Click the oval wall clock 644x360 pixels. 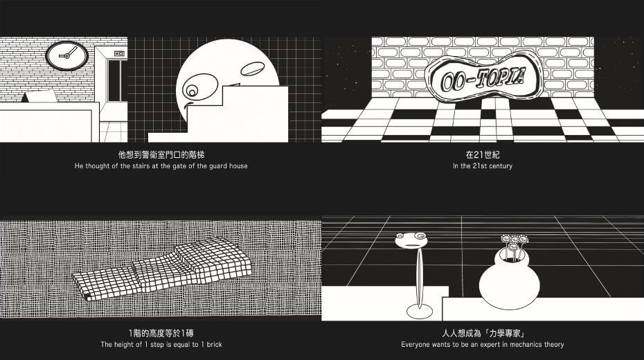tap(66, 55)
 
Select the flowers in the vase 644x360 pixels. tap(512, 246)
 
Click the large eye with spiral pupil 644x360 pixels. tap(197, 88)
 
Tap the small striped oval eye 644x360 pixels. tap(252, 69)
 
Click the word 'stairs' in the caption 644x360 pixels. tap(139, 166)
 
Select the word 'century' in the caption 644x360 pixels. tap(501, 166)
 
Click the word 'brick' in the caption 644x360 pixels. tap(215, 344)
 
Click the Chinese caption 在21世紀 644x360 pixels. tap(483, 155)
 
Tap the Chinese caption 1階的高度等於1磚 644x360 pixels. tap(161, 333)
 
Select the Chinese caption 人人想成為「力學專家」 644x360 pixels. tap(483, 333)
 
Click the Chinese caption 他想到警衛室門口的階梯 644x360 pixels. tap(161, 155)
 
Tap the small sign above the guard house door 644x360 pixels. tap(119, 53)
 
